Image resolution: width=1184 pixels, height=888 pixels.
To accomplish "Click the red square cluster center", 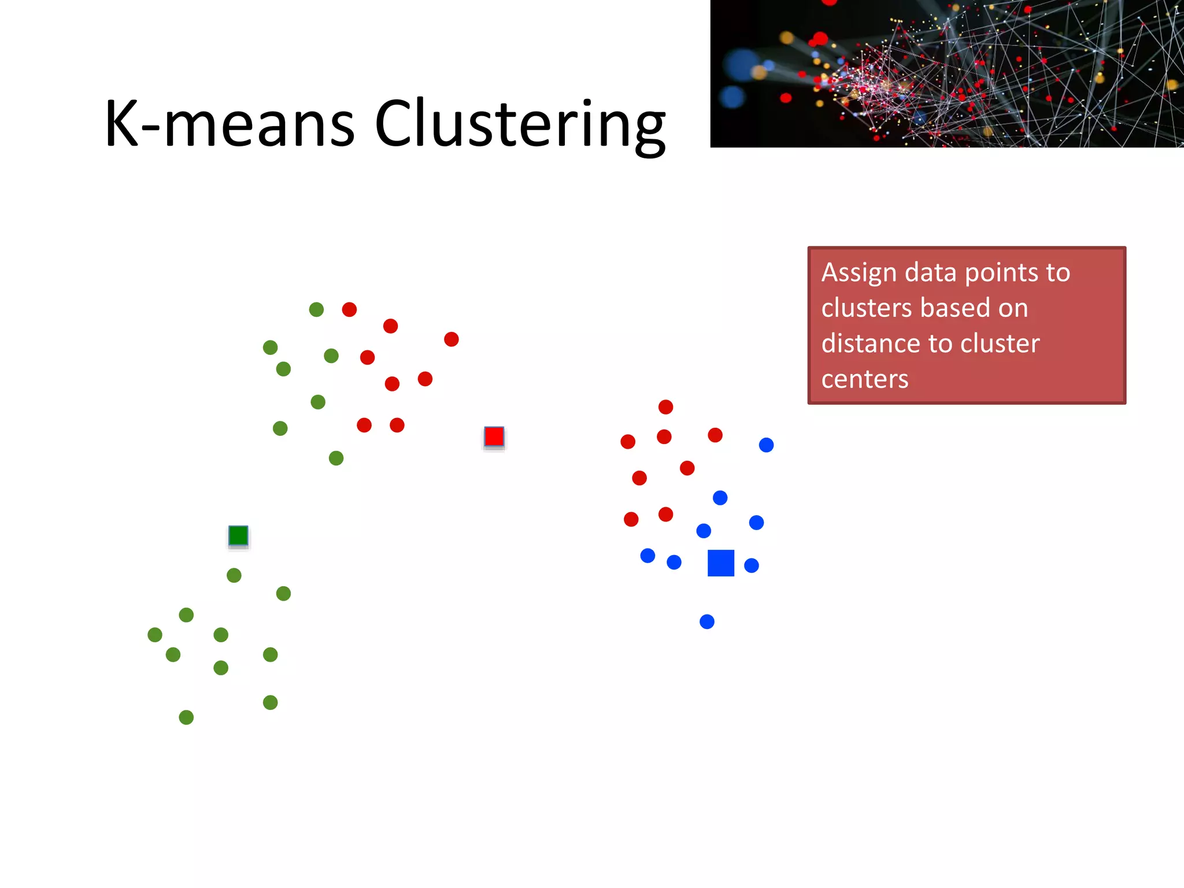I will (x=494, y=436).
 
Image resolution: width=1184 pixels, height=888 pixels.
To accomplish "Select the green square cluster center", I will (x=238, y=535).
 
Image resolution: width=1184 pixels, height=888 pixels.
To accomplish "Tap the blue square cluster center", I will (x=721, y=563).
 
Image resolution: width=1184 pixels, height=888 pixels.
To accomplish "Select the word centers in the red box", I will (x=865, y=379).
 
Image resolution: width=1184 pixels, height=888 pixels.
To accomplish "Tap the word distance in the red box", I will (x=868, y=343).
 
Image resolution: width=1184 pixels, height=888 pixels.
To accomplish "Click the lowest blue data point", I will (x=707, y=621).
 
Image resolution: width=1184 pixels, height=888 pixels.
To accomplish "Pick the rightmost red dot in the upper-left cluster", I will (x=452, y=339).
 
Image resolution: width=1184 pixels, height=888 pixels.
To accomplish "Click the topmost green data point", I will (x=316, y=309).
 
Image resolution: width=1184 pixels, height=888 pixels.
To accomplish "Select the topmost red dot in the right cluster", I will (x=665, y=407).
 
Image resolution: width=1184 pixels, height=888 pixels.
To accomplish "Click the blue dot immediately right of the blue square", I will (x=752, y=565).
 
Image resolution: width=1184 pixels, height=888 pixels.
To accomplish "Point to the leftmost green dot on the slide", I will (x=155, y=635).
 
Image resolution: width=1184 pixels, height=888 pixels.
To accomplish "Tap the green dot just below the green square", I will (x=234, y=575).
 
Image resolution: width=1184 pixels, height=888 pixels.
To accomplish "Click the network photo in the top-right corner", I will (x=946, y=73).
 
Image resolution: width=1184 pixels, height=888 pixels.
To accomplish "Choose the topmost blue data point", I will (x=766, y=445).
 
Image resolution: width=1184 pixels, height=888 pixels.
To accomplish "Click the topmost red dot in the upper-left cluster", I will (x=349, y=309).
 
